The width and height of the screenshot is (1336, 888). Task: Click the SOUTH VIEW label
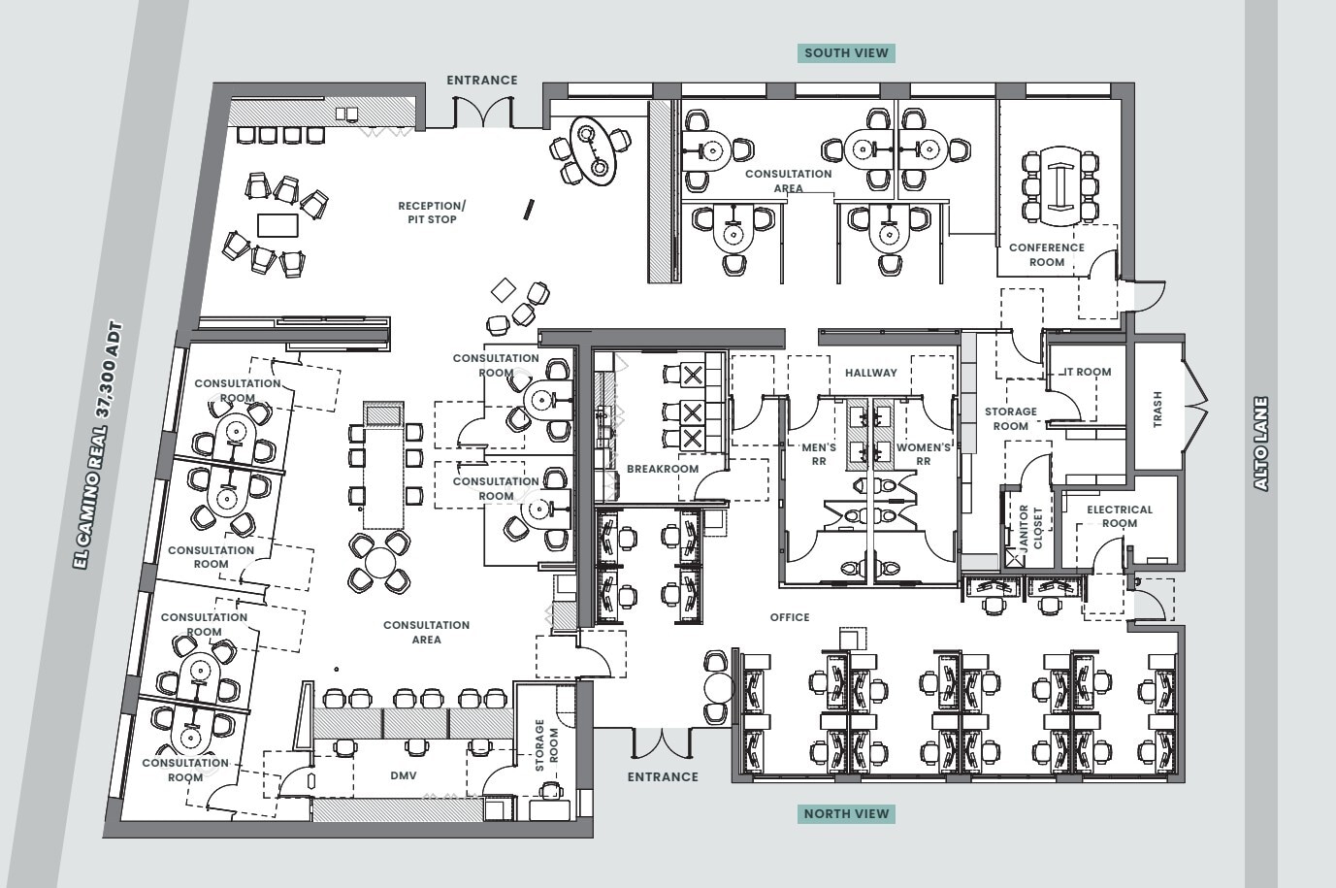pyautogui.click(x=846, y=53)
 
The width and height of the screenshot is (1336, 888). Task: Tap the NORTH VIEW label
pyautogui.click(x=846, y=813)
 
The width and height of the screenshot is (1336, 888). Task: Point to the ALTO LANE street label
pyautogui.click(x=1260, y=443)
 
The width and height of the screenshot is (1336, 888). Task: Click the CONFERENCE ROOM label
pyautogui.click(x=1046, y=254)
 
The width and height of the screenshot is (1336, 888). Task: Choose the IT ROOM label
pyautogui.click(x=1088, y=372)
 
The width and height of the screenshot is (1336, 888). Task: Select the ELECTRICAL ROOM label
pyautogui.click(x=1119, y=516)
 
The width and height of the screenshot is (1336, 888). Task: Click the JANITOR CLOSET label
pyautogui.click(x=1030, y=527)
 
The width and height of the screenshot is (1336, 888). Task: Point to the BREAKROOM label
pyautogui.click(x=663, y=469)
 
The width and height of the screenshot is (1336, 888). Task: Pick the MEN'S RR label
pyautogui.click(x=819, y=454)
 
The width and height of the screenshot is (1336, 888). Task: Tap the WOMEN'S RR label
pyautogui.click(x=923, y=454)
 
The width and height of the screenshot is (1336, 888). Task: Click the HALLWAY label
pyautogui.click(x=870, y=373)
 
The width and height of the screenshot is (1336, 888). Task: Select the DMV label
pyautogui.click(x=404, y=775)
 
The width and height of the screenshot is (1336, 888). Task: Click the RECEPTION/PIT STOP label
pyautogui.click(x=432, y=213)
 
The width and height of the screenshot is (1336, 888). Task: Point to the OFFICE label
pyautogui.click(x=790, y=617)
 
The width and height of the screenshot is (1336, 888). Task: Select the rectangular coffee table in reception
pyautogui.click(x=276, y=224)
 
